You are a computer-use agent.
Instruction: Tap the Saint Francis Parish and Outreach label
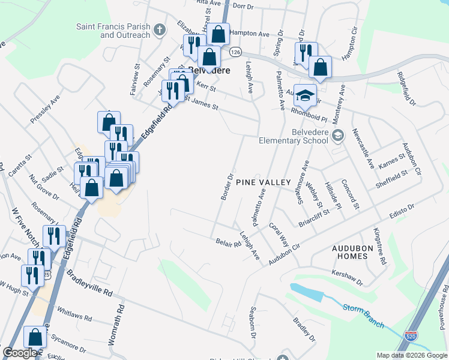coord(113,31)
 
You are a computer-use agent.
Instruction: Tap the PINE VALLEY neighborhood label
coord(263,182)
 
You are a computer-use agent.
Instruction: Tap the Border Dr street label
coord(229,188)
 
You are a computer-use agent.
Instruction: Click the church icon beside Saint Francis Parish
coord(159,29)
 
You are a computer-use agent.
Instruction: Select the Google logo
coord(19,353)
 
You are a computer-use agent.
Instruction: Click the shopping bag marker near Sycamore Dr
coord(35,337)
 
